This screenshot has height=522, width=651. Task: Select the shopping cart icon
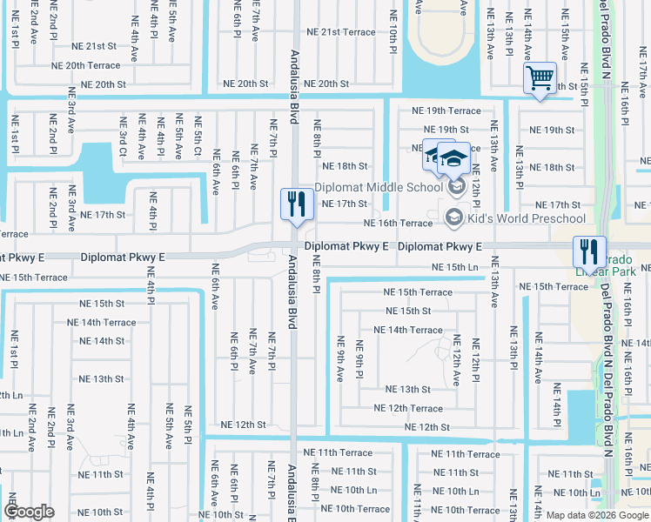tap(540, 78)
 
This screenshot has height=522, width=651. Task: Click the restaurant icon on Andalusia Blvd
tap(296, 204)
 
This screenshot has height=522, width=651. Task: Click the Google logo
tap(29, 512)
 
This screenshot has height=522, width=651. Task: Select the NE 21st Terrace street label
tap(335, 32)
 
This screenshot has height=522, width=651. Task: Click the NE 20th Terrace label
tap(85, 65)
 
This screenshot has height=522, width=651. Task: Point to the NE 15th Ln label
tap(456, 267)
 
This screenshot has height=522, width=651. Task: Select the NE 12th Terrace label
tap(408, 408)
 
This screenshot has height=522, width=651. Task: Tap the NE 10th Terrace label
tap(361, 509)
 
